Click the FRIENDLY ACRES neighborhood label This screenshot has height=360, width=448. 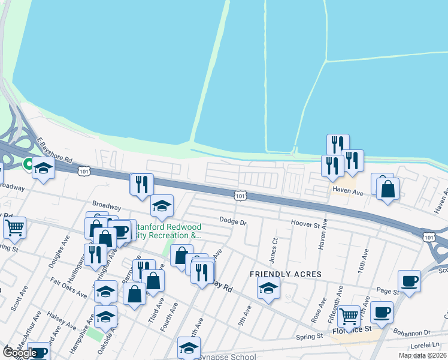coord(286,274)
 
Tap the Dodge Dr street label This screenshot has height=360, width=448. coord(233,221)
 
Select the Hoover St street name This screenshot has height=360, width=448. coord(306,223)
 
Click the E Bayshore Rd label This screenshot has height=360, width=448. coord(55,152)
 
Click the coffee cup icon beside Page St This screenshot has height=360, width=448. coord(409,281)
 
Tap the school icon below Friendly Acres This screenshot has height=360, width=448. coord(269,289)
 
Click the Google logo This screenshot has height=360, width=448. coord(20,353)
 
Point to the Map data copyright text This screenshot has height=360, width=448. coord(423,355)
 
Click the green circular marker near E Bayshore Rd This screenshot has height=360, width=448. coord(28,163)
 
